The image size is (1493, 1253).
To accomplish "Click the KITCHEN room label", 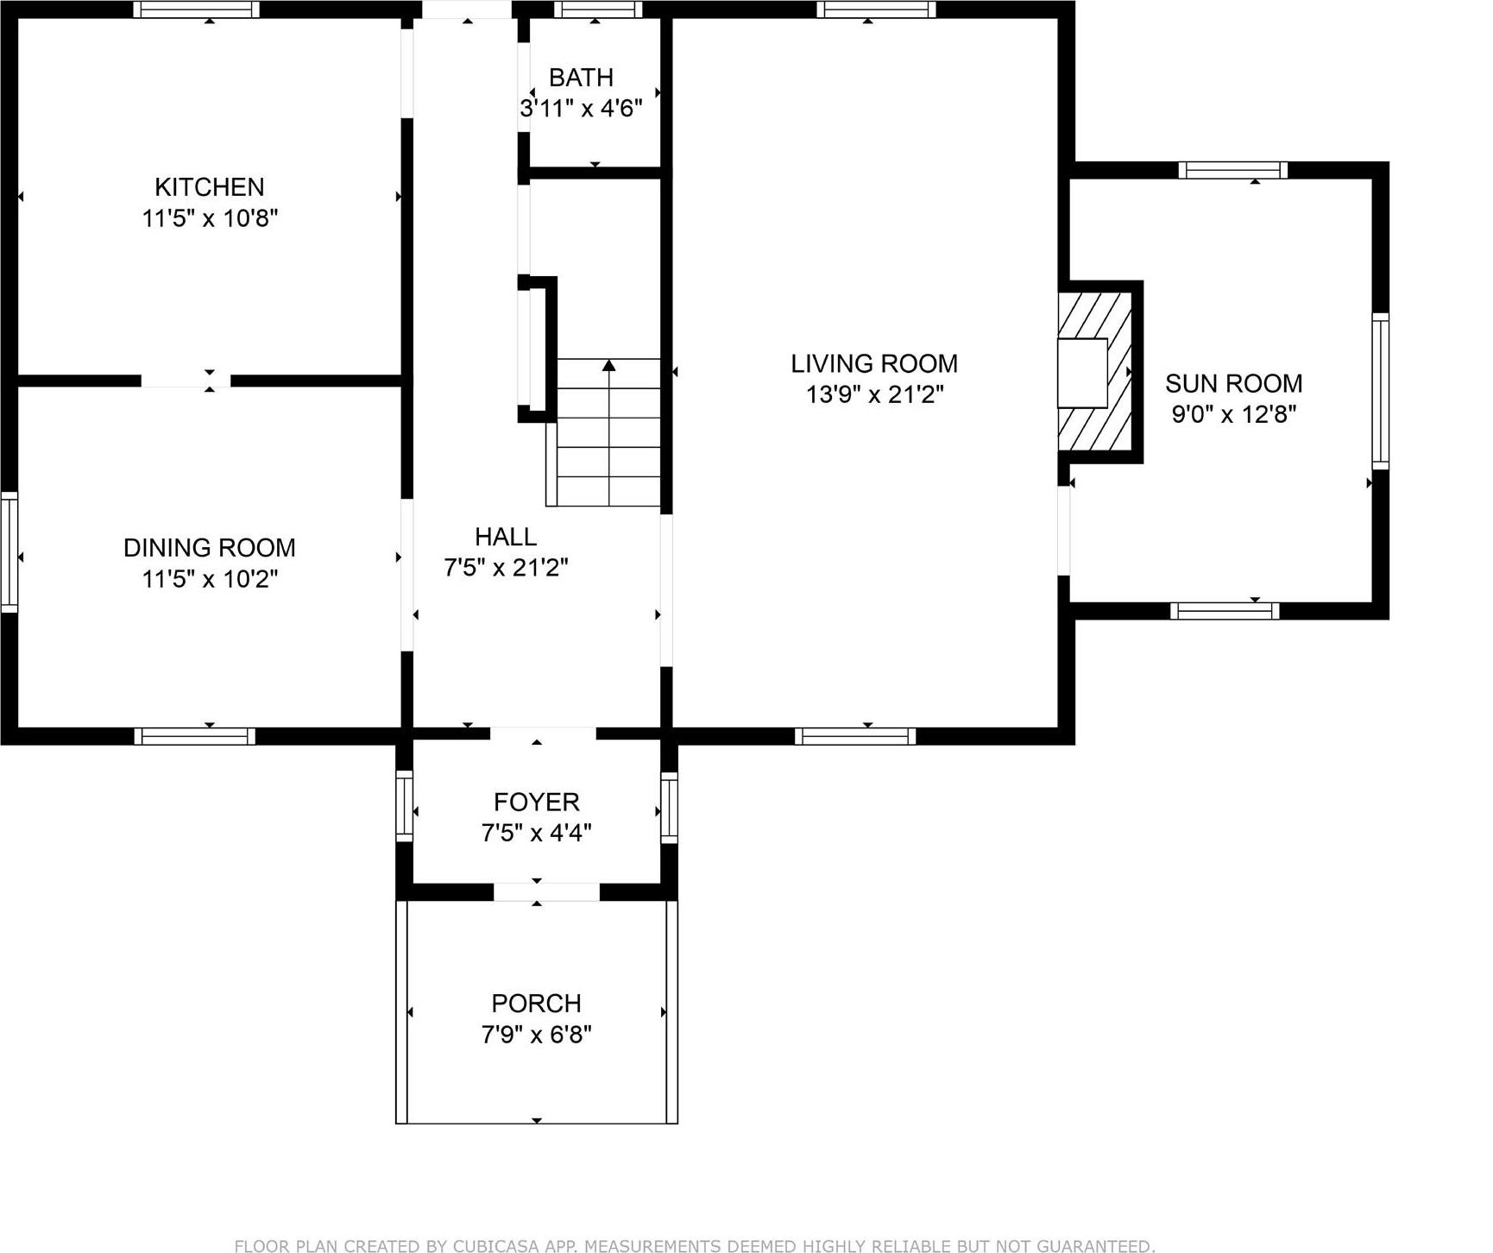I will (x=209, y=187).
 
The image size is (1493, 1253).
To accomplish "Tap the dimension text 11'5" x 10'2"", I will (x=210, y=579).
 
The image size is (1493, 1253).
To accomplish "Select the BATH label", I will (x=581, y=78).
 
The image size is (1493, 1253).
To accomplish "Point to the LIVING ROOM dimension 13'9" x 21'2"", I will (x=874, y=395).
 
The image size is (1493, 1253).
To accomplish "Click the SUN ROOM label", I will (x=1233, y=383).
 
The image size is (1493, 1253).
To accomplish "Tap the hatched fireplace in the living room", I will (x=1094, y=373).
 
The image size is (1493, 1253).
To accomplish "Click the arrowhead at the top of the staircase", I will (x=608, y=366).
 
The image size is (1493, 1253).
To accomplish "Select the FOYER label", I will (x=536, y=803).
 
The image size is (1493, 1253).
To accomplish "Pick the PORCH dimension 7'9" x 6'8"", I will (x=536, y=1034).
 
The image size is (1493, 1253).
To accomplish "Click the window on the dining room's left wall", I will (x=9, y=552).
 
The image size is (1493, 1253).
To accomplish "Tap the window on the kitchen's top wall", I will (x=196, y=9).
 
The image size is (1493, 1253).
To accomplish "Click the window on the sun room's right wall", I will (x=1380, y=391).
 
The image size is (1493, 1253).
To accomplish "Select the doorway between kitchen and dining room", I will (x=186, y=381).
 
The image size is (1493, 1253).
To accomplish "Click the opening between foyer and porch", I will (x=545, y=892).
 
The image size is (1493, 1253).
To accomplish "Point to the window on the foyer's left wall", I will (x=404, y=807).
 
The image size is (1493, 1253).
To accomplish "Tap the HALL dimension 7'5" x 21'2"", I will (x=506, y=568).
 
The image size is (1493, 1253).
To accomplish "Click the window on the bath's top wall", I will (x=597, y=9).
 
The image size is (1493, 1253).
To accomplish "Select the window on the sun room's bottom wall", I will (x=1225, y=611).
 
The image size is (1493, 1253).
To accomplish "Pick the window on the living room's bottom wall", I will (x=854, y=736).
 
